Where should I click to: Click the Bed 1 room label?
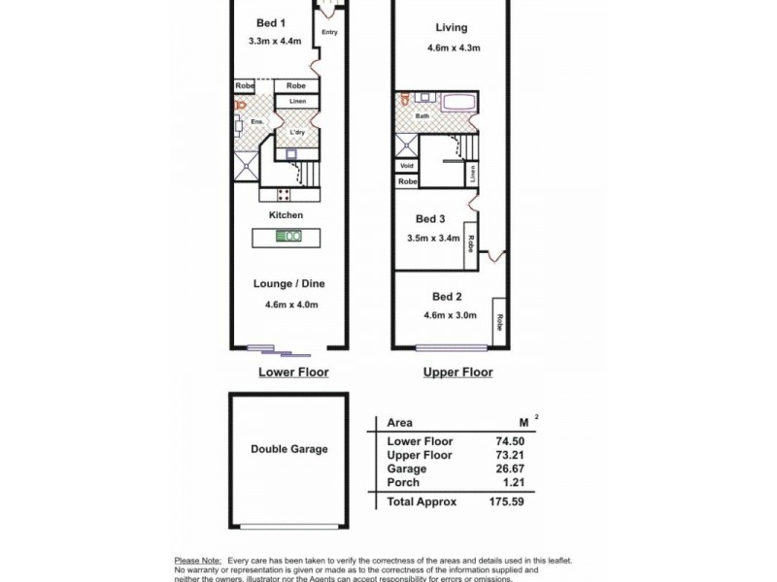coord(269,22)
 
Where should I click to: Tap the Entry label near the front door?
coord(329,32)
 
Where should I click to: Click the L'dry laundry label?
coord(298,133)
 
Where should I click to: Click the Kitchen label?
coord(287,214)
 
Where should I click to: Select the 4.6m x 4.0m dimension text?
coord(291,305)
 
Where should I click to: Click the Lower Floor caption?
coord(292,372)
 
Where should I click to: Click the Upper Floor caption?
coord(457,372)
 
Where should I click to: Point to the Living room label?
coord(452,28)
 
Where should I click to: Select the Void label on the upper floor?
coord(406,166)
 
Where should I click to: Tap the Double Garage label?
coord(288,449)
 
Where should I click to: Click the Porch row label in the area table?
coord(403,482)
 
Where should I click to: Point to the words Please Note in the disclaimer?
coord(197,561)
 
